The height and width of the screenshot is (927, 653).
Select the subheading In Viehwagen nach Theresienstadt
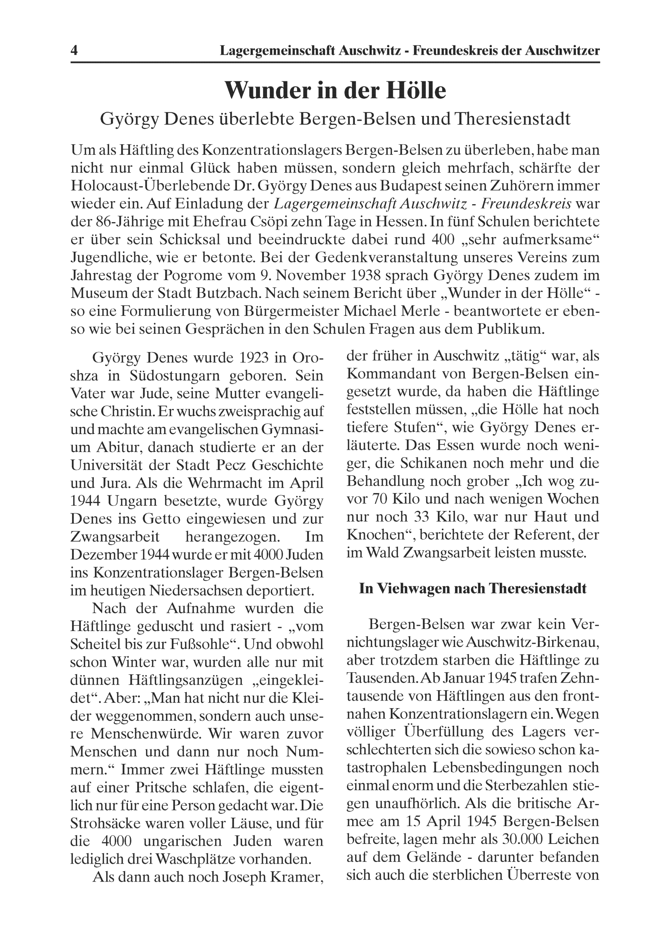click(x=473, y=589)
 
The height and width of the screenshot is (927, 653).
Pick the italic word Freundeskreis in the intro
click(x=526, y=204)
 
